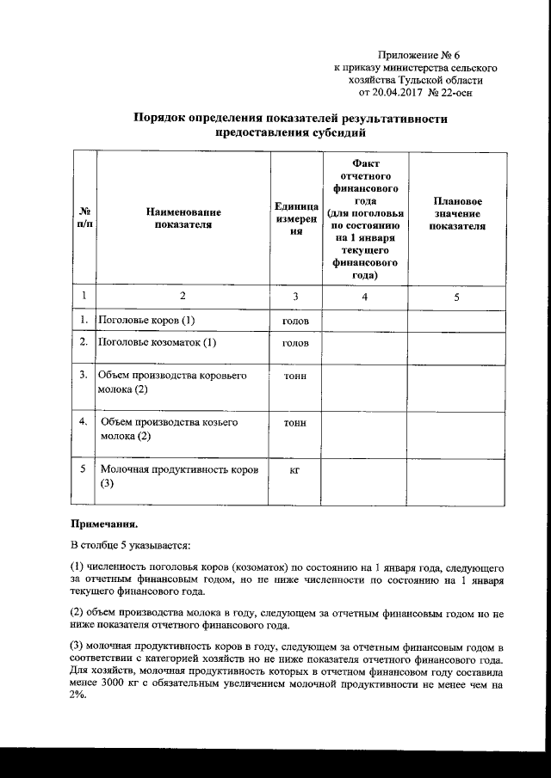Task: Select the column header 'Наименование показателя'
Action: point(183,218)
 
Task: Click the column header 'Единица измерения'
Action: point(294,218)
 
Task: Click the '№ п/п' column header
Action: point(84,218)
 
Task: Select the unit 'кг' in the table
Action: point(294,470)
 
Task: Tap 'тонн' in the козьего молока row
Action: point(294,424)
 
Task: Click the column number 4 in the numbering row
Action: point(364,297)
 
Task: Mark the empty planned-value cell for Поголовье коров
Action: point(456,321)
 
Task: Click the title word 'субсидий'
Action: point(332,133)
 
